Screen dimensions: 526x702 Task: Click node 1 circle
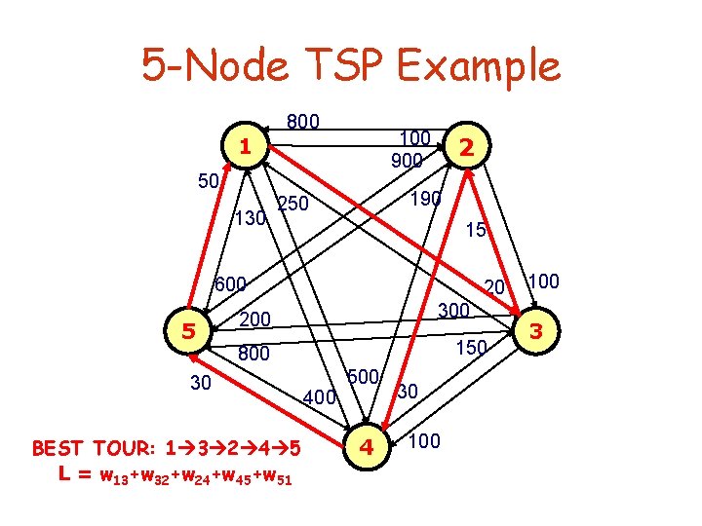point(247,147)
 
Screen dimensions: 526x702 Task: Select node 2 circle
point(467,147)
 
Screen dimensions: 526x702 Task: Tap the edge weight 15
point(477,231)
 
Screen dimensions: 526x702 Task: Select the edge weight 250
point(292,205)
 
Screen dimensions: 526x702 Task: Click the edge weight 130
point(253,220)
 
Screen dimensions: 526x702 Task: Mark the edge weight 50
point(208,181)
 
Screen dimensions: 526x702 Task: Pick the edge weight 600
point(230,284)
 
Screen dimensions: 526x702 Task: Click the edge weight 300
point(453,311)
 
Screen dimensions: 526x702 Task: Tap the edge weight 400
point(320,397)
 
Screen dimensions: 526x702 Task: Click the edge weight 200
point(255,319)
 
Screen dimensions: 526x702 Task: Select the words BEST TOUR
point(87,449)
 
